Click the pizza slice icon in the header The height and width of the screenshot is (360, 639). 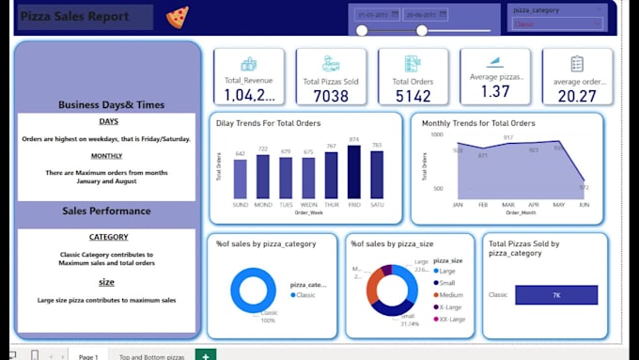coord(176,17)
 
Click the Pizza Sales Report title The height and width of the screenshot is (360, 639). coord(85,17)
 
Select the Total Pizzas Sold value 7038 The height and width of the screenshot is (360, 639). coord(332,95)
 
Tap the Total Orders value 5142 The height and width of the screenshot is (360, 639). coord(413,95)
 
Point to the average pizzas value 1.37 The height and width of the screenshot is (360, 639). coord(495,91)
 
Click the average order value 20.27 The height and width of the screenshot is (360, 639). coord(576,95)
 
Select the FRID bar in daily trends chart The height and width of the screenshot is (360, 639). coord(353,172)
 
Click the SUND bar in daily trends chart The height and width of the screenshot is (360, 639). coord(240,179)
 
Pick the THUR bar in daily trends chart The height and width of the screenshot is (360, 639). coord(331,176)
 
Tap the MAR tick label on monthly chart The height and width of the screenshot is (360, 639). coord(507,204)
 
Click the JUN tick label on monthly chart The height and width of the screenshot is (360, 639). coord(584,204)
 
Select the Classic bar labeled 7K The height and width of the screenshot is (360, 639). coord(556,295)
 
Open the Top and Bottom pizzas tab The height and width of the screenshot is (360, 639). coord(151,355)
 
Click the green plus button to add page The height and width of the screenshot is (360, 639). coord(205,354)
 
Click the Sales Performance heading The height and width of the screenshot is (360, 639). coord(108,211)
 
